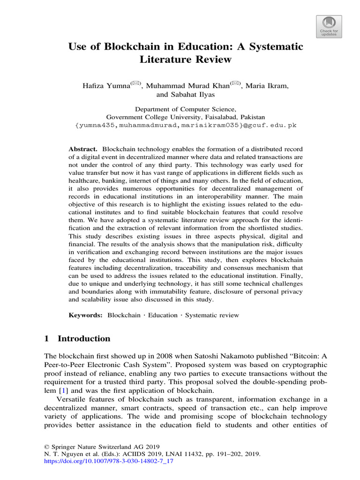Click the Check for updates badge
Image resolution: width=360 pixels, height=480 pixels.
pyautogui.click(x=328, y=25)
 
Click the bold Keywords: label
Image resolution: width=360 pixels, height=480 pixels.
pyautogui.click(x=86, y=315)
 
